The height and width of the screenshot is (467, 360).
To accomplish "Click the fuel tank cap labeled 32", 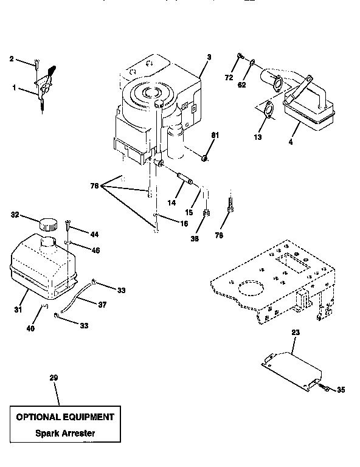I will pos(46,224).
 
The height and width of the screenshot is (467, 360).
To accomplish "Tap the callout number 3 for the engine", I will pos(209,57).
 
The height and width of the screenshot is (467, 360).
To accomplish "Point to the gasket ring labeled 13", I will pos(268,111).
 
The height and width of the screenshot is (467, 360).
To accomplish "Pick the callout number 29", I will pos(54,378).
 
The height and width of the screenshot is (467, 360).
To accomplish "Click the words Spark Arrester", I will pos(64,434).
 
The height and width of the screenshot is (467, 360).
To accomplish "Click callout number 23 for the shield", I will pos(296,333).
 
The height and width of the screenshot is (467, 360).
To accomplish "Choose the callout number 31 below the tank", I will pos(19,310).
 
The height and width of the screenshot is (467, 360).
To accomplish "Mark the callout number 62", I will pos(241,86).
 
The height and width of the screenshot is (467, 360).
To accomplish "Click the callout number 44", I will pos(94,235).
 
